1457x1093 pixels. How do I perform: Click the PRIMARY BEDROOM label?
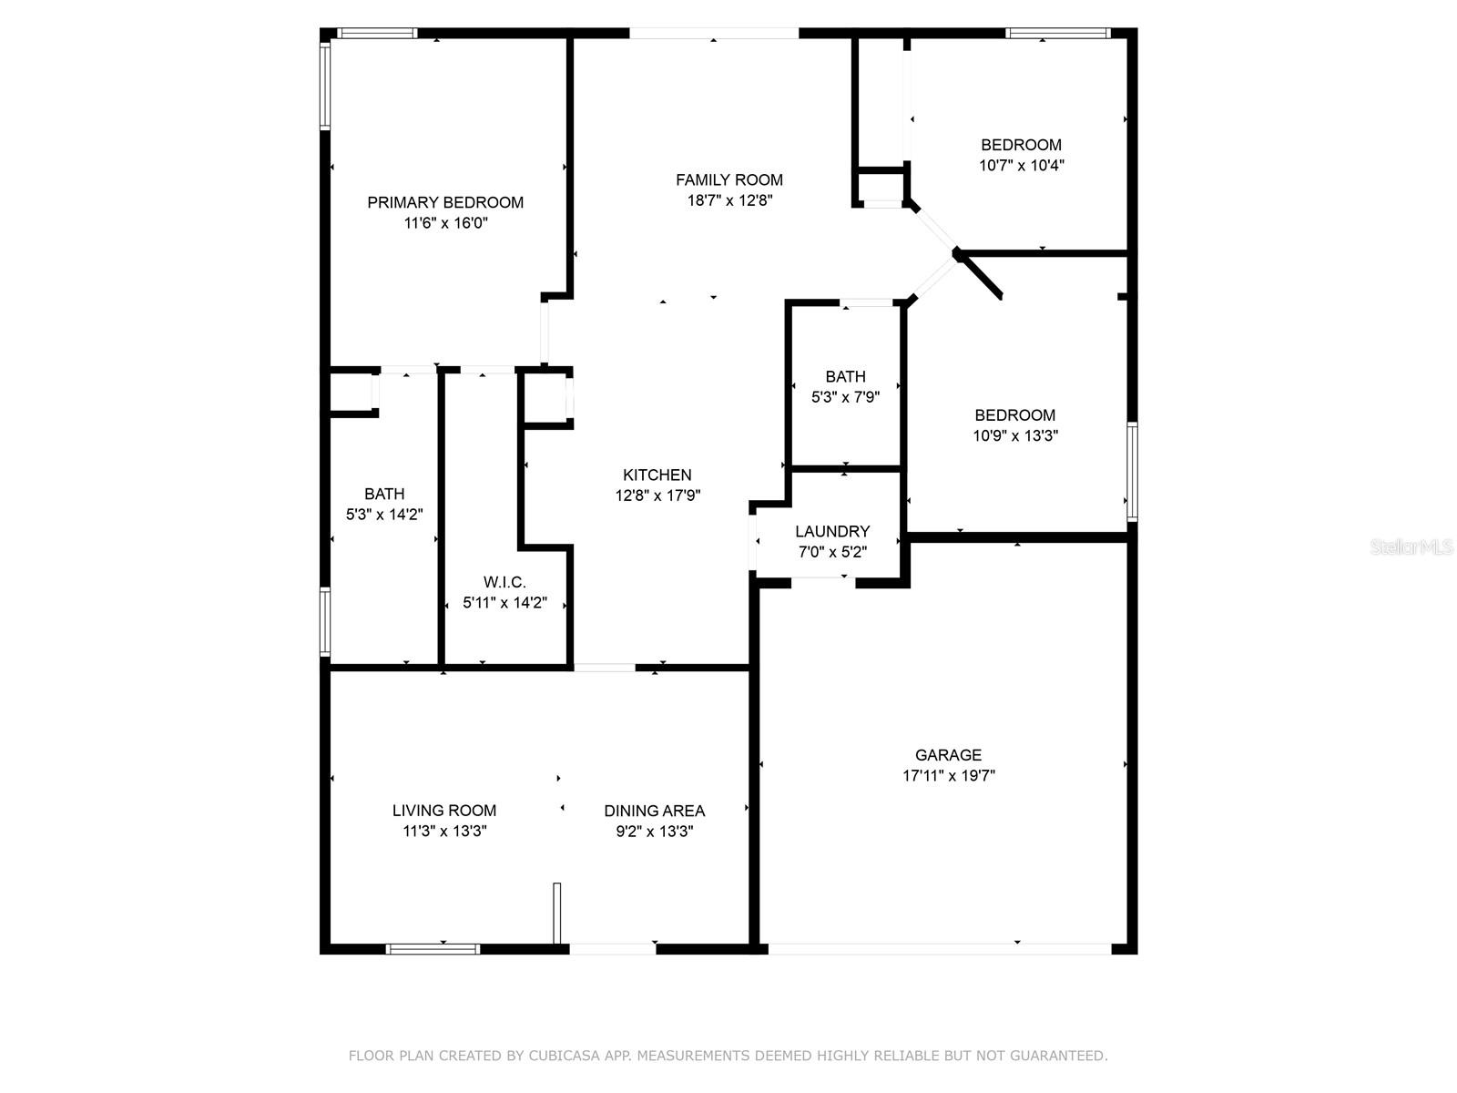click(445, 202)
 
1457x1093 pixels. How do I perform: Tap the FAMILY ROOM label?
click(728, 180)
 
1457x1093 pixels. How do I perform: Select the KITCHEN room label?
click(657, 475)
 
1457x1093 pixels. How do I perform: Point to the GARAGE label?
click(948, 755)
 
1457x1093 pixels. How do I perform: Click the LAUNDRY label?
click(832, 531)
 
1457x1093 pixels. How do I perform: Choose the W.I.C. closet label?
click(504, 582)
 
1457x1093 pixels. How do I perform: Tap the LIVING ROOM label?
click(444, 811)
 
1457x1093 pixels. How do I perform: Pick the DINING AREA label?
click(654, 811)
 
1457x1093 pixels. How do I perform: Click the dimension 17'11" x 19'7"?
click(948, 776)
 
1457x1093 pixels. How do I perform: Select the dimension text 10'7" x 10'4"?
click(1022, 166)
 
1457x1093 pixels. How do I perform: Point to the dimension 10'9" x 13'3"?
click(1015, 435)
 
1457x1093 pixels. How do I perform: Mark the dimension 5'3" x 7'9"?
click(845, 397)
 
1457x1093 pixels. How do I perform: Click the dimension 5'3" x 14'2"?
click(384, 515)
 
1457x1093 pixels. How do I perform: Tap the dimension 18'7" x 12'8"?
click(729, 200)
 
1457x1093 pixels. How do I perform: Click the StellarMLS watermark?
click(1411, 547)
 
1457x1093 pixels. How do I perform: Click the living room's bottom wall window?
click(433, 949)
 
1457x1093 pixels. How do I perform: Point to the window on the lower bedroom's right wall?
click(1132, 471)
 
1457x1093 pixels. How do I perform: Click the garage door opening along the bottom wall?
click(940, 949)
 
